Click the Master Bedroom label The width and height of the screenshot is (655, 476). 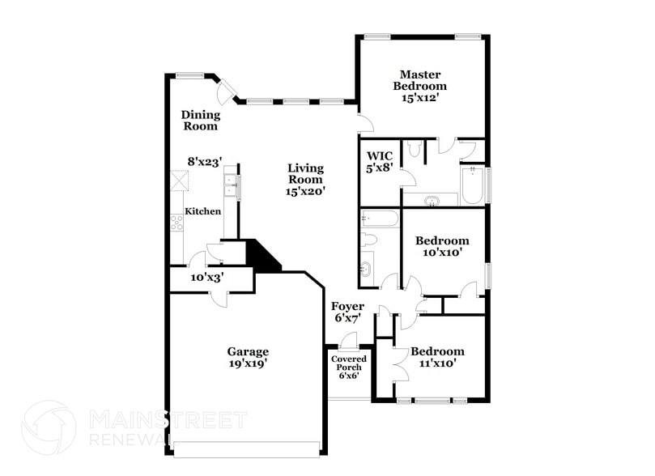(419, 79)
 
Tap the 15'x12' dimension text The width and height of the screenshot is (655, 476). (419, 97)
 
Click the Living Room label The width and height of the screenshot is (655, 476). (305, 173)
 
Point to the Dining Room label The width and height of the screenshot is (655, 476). (200, 120)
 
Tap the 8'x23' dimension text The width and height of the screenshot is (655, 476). (205, 161)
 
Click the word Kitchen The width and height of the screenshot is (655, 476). (202, 211)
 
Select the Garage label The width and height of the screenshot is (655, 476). (247, 351)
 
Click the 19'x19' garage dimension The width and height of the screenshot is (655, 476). (247, 363)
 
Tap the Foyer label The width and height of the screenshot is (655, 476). (347, 307)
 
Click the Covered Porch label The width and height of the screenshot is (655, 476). (348, 363)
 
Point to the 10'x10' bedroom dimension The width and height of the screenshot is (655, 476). (441, 253)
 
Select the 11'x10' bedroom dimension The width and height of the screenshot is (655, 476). (437, 363)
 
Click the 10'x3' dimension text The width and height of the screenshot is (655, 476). (206, 277)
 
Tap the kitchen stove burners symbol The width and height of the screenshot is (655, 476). (177, 223)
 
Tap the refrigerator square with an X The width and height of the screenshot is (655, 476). (178, 181)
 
